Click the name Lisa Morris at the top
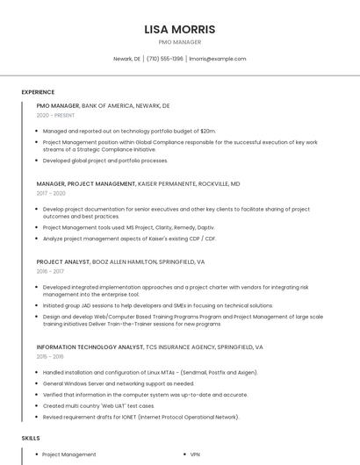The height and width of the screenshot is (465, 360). (179, 29)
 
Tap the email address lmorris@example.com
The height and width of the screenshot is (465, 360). (218, 59)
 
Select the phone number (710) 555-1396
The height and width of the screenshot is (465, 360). (164, 59)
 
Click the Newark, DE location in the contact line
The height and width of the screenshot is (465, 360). (126, 59)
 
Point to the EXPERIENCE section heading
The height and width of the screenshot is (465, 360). (38, 92)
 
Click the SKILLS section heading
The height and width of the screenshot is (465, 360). (31, 437)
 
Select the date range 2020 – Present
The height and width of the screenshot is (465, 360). (55, 115)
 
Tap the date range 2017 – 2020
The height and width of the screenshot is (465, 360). (51, 193)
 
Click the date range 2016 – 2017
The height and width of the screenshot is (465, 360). (50, 271)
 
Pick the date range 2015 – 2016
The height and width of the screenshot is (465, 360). (50, 357)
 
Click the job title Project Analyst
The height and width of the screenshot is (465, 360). (63, 261)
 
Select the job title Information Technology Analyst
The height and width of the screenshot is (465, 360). (90, 347)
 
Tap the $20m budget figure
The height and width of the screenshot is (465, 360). (207, 131)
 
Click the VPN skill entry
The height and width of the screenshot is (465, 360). (195, 454)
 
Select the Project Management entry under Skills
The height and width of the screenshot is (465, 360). (69, 454)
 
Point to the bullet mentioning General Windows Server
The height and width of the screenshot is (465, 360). (119, 383)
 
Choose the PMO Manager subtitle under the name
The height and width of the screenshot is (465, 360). (179, 42)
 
